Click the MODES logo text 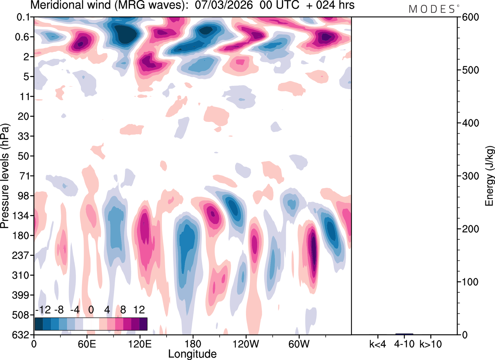pos(432,9)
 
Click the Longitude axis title pos(192,353)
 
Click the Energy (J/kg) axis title pos(490,176)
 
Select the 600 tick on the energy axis pos(469,17)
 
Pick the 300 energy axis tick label pos(469,176)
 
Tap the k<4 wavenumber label pos(378,343)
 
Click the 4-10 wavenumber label pos(404,343)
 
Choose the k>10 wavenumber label pos(431,343)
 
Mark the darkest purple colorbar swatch pos(143,324)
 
